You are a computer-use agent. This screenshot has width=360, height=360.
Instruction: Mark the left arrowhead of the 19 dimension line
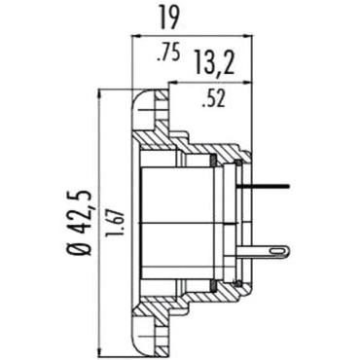[133, 36]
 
